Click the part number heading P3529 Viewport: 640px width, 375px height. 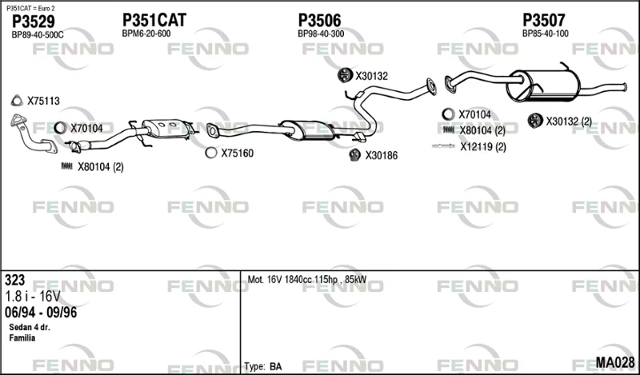[x=33, y=22]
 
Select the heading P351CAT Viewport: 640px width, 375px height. [x=154, y=20]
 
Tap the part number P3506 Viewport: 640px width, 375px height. [x=319, y=20]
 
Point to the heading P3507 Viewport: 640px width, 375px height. [x=544, y=20]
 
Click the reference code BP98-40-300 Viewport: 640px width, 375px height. [x=321, y=34]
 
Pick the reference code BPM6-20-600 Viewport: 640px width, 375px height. [x=146, y=34]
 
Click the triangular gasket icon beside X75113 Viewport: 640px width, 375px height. [x=17, y=101]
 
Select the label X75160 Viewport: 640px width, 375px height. [x=237, y=154]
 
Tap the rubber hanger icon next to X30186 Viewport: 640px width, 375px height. [x=354, y=155]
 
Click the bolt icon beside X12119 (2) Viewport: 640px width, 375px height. [x=443, y=146]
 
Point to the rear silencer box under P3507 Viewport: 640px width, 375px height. [x=543, y=86]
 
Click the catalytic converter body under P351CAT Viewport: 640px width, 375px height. [x=166, y=129]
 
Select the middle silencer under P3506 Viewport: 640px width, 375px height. [x=307, y=130]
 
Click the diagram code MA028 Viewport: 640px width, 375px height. [x=614, y=362]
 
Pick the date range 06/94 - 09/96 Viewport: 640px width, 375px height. [x=41, y=313]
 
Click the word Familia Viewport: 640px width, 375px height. [x=22, y=338]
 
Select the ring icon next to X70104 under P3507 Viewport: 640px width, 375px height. [x=448, y=114]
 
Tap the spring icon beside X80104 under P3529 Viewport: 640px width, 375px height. [x=66, y=166]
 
